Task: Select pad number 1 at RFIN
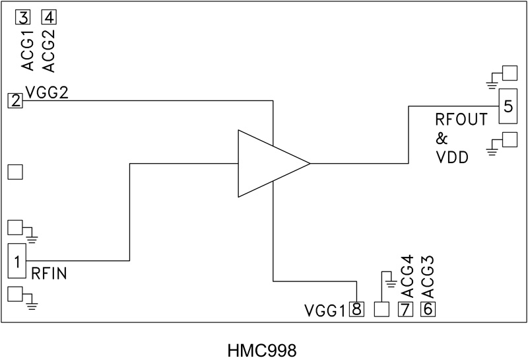(x=15, y=260)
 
